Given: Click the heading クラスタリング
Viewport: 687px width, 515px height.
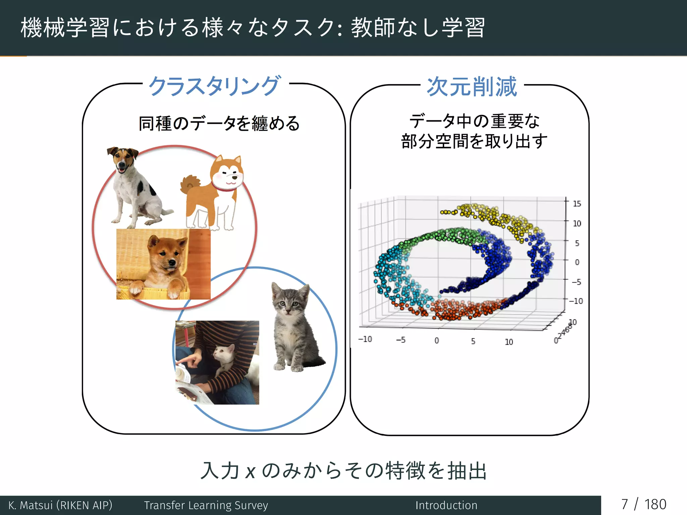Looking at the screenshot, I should pyautogui.click(x=214, y=86).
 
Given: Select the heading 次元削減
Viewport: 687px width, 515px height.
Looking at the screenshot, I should pyautogui.click(x=472, y=87).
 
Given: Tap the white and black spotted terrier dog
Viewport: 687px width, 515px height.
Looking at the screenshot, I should pyautogui.click(x=134, y=188).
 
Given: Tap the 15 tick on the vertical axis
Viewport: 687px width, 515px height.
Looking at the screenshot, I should pyautogui.click(x=577, y=204).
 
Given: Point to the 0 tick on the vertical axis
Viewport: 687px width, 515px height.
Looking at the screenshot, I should pyautogui.click(x=577, y=262).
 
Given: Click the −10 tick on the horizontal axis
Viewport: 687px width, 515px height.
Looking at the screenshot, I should pyautogui.click(x=365, y=339).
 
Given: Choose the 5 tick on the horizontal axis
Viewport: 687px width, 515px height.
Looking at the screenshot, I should pyautogui.click(x=473, y=341).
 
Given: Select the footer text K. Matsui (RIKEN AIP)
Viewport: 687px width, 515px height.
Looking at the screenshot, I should pyautogui.click(x=60, y=505).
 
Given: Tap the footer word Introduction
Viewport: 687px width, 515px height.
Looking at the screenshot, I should pyautogui.click(x=446, y=505).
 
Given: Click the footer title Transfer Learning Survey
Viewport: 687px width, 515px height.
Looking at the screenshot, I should pyautogui.click(x=206, y=505).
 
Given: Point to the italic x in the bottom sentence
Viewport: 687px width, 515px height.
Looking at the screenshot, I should pyautogui.click(x=250, y=472).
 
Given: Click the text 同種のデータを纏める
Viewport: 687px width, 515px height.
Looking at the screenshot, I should pyautogui.click(x=219, y=123).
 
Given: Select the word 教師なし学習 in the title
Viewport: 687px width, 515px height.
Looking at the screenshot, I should pyautogui.click(x=418, y=27).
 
